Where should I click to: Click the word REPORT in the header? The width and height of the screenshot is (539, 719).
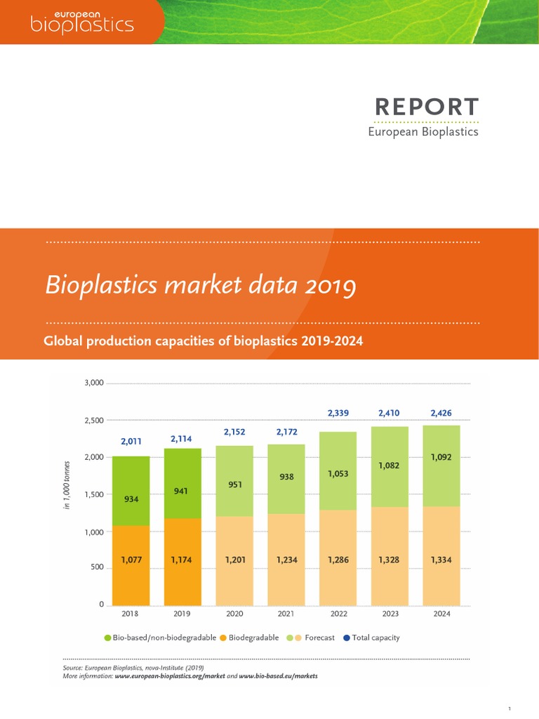tap(427, 107)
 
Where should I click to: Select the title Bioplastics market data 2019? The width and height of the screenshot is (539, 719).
tap(201, 286)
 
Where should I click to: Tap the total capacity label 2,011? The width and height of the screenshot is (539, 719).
tap(131, 442)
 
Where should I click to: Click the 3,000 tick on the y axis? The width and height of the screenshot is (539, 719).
tap(93, 383)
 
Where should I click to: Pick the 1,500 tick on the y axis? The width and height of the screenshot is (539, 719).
tap(93, 494)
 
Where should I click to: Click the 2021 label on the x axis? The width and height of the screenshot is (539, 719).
tap(286, 614)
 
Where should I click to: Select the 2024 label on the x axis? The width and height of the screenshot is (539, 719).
tap(442, 614)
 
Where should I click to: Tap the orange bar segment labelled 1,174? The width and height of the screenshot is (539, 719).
tap(182, 561)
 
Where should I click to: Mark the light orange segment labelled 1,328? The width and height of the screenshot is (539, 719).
tap(390, 560)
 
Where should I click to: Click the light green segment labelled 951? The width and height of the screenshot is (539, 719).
tap(234, 484)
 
